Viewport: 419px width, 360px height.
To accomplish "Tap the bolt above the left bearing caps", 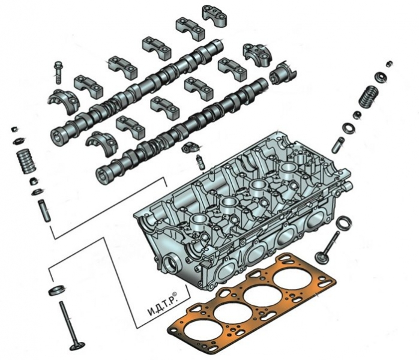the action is coord(58,73).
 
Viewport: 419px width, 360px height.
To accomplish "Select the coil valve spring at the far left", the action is coord(26,161).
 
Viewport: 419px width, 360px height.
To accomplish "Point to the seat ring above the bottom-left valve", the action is coord(57,290).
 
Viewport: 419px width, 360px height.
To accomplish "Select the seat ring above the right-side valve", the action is coord(343,223).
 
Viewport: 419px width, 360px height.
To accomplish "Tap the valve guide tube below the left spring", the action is coord(44,211).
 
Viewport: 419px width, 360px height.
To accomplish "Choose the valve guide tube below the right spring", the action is coord(338,145).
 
